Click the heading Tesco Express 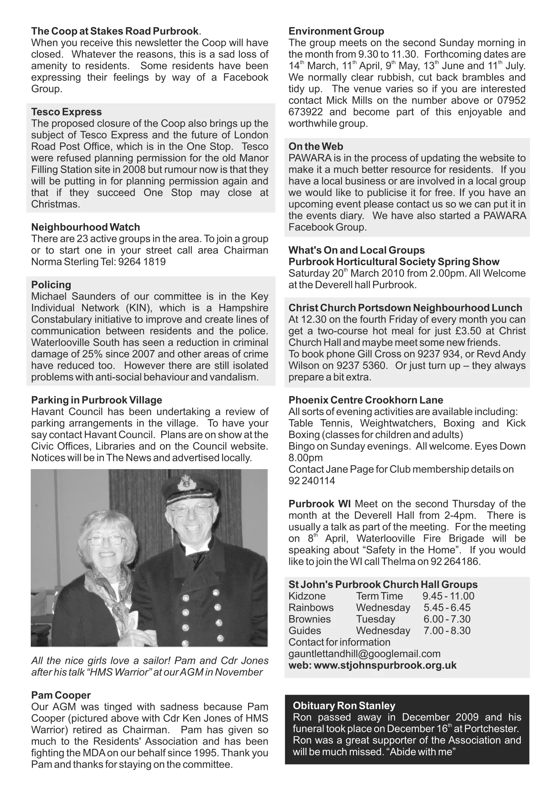pos(67,112)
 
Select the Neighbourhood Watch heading pos(86,227)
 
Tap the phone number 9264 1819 pos(142,262)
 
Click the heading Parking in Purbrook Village pos(96,400)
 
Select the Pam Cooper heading pos(61,695)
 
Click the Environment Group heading pos(336,31)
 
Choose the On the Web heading pos(316,146)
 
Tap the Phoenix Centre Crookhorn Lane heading pos(366,400)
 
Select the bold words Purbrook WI pos(319,504)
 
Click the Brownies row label pos(310,619)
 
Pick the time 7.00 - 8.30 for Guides pos(447,630)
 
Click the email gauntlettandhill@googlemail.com pos(364,654)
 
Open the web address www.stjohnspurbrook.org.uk pos(385,665)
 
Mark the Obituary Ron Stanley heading pos(344,706)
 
